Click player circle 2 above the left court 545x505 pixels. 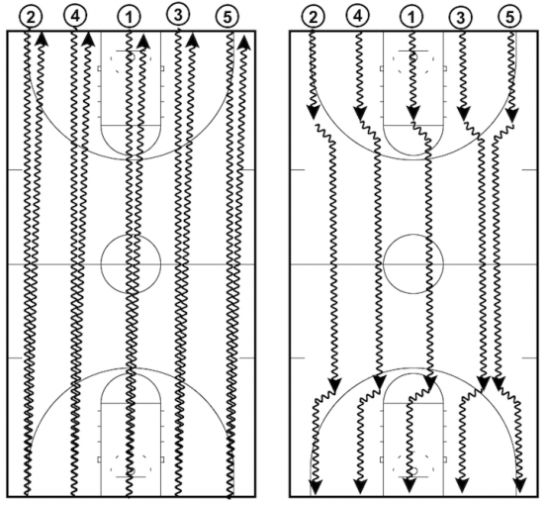(31, 17)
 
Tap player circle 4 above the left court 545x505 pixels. (75, 15)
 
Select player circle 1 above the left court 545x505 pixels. (129, 17)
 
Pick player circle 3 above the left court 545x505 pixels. (178, 14)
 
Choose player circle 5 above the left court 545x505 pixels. (227, 17)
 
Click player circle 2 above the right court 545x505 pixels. (313, 17)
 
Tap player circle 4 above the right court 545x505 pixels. (358, 16)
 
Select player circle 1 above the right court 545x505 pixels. (411, 17)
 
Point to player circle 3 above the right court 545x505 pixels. (460, 17)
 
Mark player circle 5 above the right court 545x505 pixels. (509, 17)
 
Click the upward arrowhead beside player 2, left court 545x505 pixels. (42, 39)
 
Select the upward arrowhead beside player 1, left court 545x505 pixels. (143, 41)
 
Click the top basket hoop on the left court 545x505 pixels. (133, 56)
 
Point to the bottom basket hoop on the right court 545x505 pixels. (413, 471)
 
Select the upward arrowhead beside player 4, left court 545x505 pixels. (88, 40)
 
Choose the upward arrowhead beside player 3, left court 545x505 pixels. (192, 41)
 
